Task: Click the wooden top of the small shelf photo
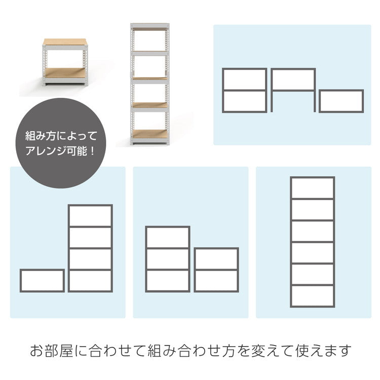click(64, 42)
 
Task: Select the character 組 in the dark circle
click(30, 136)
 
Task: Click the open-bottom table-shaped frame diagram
click(293, 70)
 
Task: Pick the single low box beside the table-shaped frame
click(341, 91)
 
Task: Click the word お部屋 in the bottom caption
click(51, 351)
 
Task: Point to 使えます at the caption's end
click(324, 351)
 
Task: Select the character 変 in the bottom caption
click(258, 351)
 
